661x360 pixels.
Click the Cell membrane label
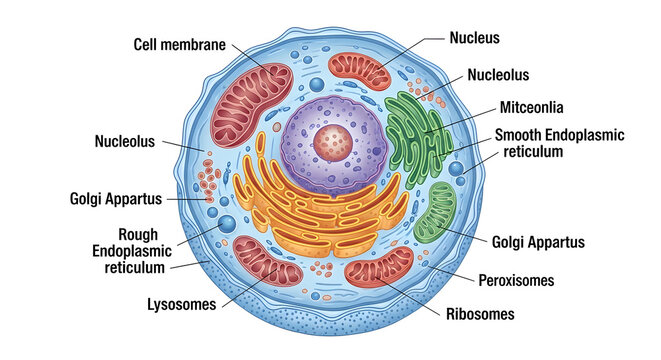[x=180, y=45]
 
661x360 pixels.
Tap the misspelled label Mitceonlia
[x=531, y=107]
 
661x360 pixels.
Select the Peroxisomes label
[x=516, y=280]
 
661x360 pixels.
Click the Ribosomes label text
[x=480, y=314]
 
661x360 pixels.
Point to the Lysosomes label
[x=182, y=304]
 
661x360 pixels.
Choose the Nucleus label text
[x=474, y=38]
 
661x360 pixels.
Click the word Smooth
[x=518, y=135]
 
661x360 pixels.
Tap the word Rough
[x=138, y=234]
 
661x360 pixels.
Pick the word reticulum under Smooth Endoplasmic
[x=533, y=151]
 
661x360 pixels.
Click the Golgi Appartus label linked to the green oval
[x=538, y=242]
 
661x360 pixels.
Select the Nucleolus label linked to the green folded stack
[x=498, y=75]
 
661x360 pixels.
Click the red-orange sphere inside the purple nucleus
[x=333, y=143]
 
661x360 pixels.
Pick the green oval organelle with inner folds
[x=435, y=212]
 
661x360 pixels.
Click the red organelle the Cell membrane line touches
[x=252, y=105]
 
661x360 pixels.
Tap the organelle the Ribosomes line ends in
[x=379, y=268]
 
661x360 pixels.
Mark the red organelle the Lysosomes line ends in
[x=268, y=261]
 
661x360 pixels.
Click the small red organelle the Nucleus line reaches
[x=359, y=71]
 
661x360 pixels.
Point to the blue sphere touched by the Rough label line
[x=227, y=224]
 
